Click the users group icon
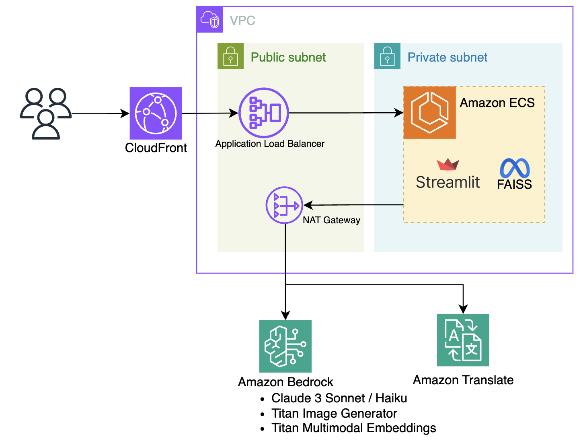click(x=46, y=114)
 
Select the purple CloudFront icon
click(x=156, y=113)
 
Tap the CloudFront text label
click(x=156, y=148)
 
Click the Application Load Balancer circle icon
click(x=264, y=113)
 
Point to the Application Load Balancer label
click(x=270, y=144)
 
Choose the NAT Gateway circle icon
click(x=284, y=205)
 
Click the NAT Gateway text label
click(x=331, y=220)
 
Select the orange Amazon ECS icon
click(x=429, y=113)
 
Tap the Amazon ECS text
click(x=497, y=103)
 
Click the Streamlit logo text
click(x=448, y=182)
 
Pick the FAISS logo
click(x=514, y=174)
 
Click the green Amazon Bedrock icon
click(x=285, y=346)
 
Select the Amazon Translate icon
click(x=463, y=340)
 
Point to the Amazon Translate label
click(x=463, y=380)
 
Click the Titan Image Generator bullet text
click(x=334, y=413)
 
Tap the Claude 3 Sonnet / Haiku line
click(x=339, y=398)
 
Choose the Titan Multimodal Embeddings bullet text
click(x=353, y=428)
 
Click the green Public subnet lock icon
click(x=230, y=56)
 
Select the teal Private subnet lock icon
click(x=387, y=56)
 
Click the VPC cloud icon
click(x=210, y=20)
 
